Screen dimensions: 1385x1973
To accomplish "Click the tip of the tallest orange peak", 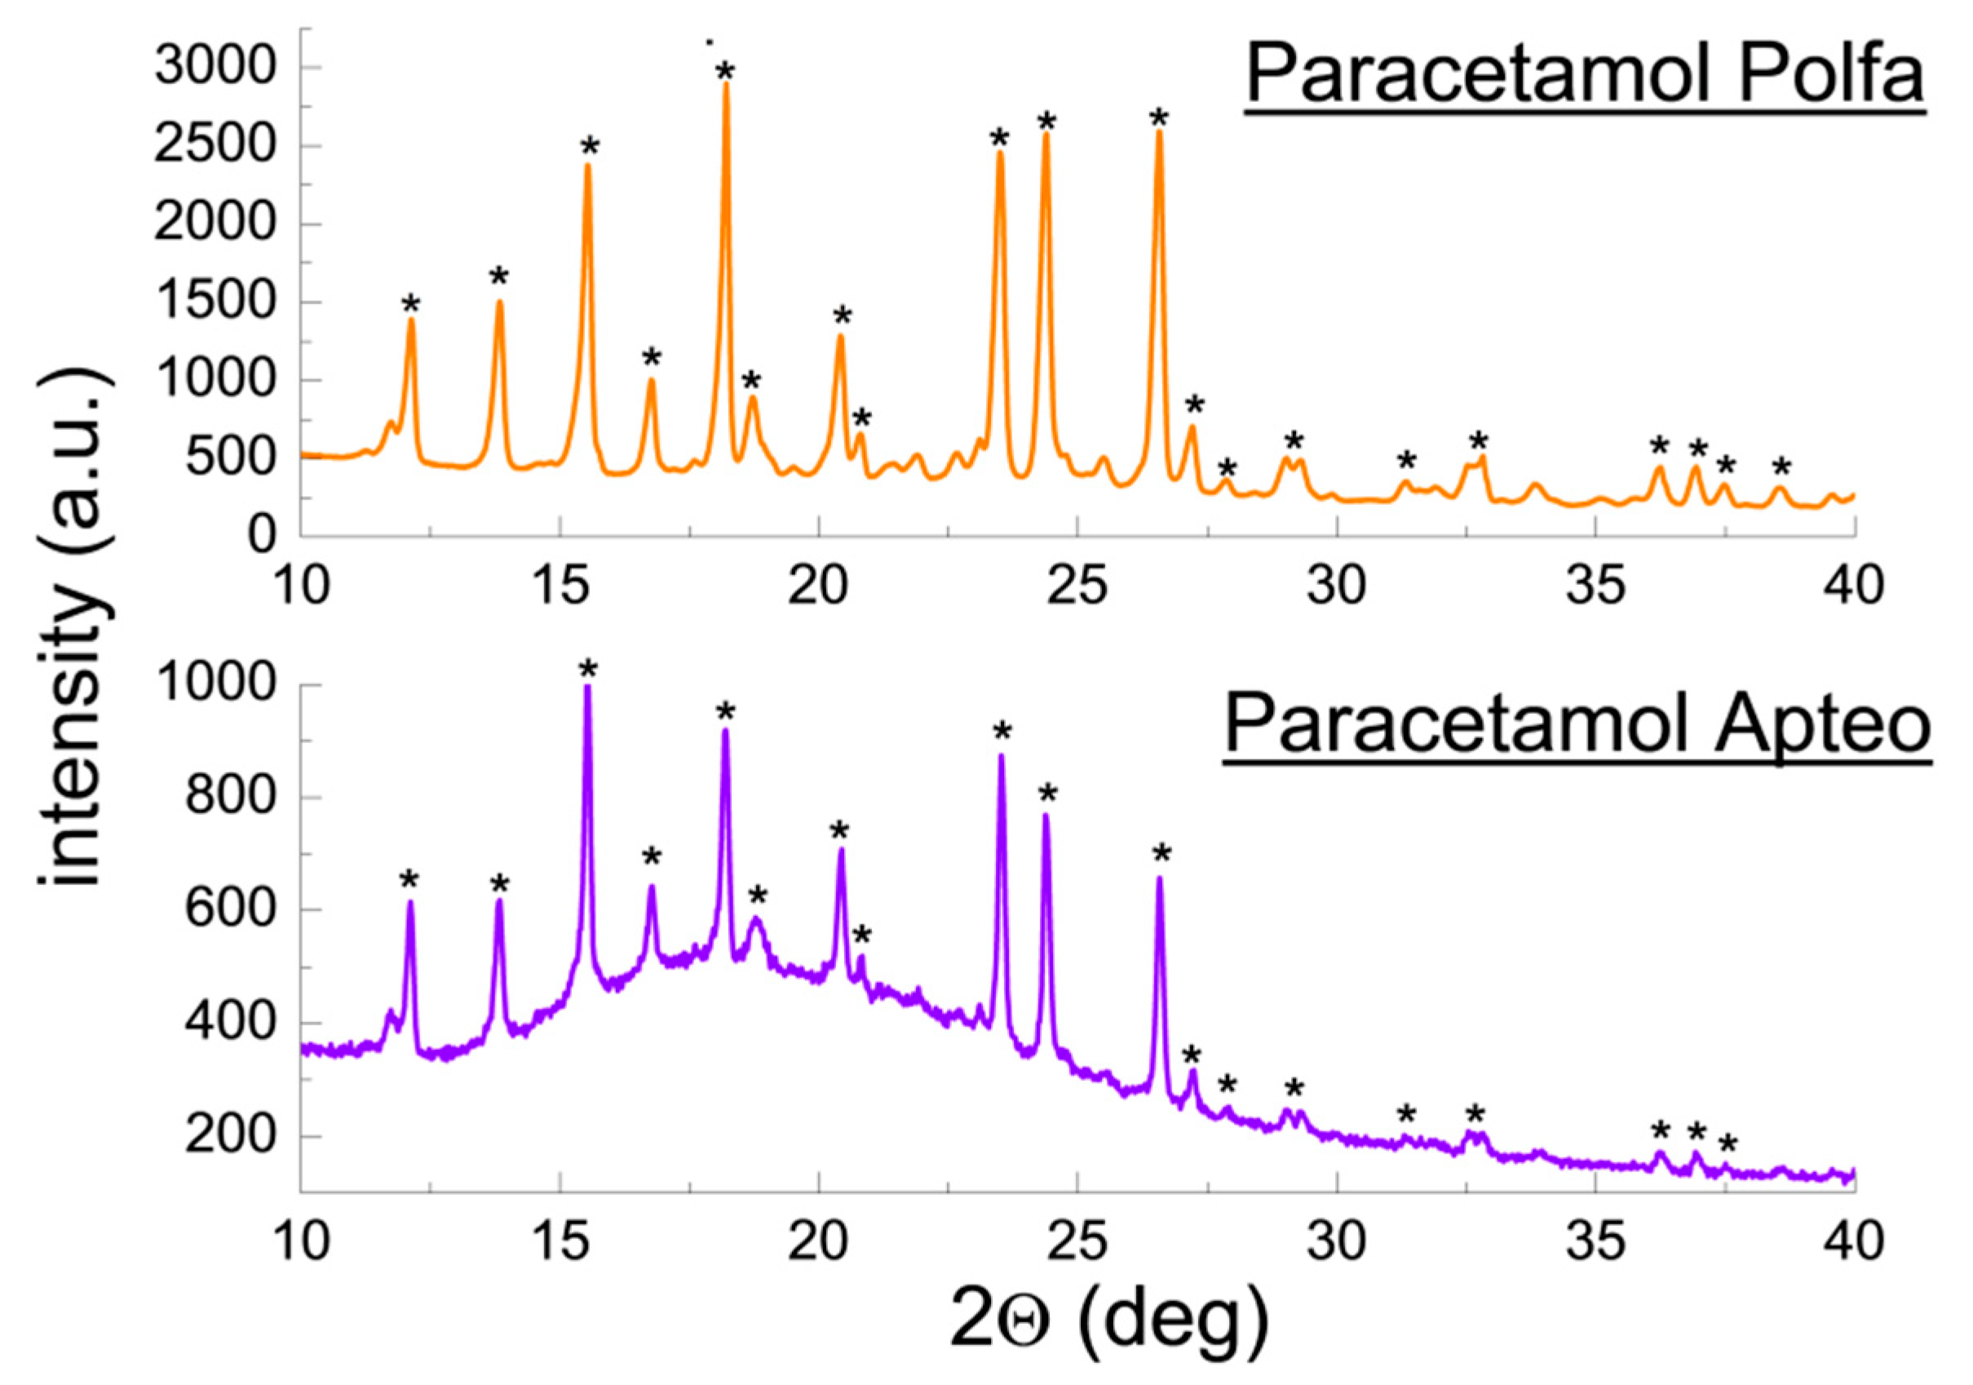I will tap(726, 84).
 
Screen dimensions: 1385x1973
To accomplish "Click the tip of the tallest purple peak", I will tap(588, 688).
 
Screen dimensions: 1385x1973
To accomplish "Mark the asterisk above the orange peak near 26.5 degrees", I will tap(1159, 118).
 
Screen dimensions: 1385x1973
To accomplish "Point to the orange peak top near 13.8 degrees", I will tap(499, 303).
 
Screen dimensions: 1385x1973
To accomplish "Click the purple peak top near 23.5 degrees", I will tap(1001, 756).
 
